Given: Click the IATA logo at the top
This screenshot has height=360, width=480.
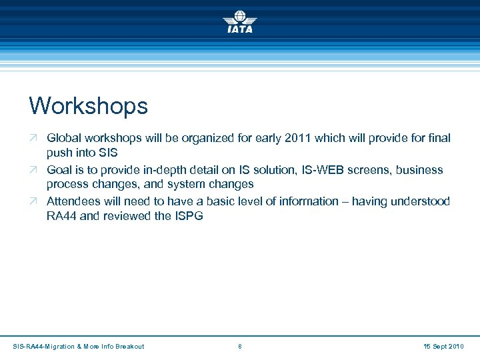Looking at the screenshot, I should [x=239, y=21].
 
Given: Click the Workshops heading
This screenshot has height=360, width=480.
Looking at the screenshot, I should [x=88, y=105].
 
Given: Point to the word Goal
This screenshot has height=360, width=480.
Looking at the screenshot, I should [x=59, y=170].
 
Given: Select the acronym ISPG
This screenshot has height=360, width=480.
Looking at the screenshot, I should [x=190, y=217].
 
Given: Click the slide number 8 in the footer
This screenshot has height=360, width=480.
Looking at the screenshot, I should [x=240, y=346].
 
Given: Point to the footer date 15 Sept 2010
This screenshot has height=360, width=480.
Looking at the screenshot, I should [x=443, y=346].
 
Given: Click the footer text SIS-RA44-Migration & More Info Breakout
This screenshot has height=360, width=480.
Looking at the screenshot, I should [x=78, y=346].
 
